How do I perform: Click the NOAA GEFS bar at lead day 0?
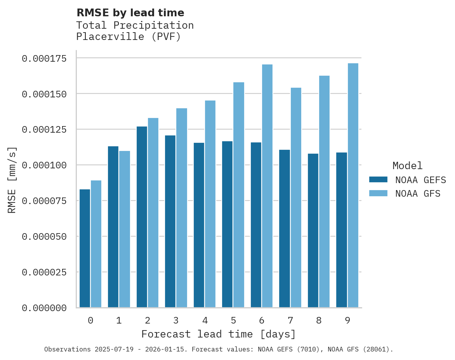85,248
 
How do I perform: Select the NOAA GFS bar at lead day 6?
267,186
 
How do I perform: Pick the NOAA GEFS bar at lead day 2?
142,217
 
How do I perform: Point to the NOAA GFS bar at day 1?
125,229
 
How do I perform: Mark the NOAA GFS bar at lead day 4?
210,204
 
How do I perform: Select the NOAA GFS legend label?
418,194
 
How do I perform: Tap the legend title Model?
407,166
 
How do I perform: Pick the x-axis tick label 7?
290,320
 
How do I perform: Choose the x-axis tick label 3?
176,320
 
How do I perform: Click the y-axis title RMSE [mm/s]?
12,180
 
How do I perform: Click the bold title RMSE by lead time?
130,13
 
